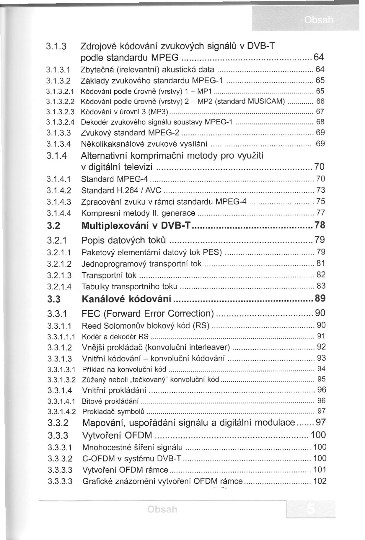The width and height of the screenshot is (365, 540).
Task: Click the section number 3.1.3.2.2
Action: [x=60, y=102]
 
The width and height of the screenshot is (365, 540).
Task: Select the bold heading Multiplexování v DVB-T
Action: [x=136, y=226]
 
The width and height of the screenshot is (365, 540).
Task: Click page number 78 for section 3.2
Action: [x=320, y=225]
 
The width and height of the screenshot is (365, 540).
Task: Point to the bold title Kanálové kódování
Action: [x=126, y=299]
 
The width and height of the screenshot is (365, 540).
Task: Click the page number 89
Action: [x=320, y=298]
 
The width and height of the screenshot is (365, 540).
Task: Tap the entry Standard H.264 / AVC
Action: [x=121, y=190]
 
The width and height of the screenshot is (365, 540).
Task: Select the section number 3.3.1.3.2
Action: [x=61, y=380]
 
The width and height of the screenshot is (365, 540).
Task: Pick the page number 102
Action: [x=320, y=481]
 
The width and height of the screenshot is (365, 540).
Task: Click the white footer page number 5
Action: [x=310, y=509]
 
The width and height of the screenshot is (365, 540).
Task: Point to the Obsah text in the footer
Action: [x=162, y=509]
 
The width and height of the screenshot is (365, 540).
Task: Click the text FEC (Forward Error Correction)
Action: [x=148, y=313]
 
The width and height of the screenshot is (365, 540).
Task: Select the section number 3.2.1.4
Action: [x=59, y=287]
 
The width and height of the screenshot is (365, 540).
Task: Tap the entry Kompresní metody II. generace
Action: [x=138, y=213]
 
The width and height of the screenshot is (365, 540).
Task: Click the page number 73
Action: [x=321, y=190]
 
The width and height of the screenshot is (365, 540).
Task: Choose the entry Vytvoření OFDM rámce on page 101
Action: [x=125, y=470]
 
